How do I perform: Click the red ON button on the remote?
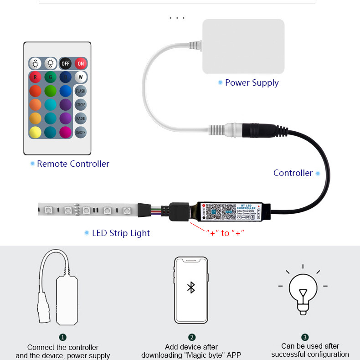pyautogui.click(x=80, y=63)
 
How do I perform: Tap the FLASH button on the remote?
pyautogui.click(x=80, y=91)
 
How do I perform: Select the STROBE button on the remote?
pyautogui.click(x=80, y=105)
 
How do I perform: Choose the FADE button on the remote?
pyautogui.click(x=80, y=118)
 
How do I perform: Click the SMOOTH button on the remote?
pyautogui.click(x=80, y=133)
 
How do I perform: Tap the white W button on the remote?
pyautogui.click(x=80, y=77)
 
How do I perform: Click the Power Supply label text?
pyautogui.click(x=252, y=82)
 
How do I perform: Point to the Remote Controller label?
pyautogui.click(x=73, y=164)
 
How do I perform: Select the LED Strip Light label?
pyautogui.click(x=121, y=233)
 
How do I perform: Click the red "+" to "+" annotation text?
pyautogui.click(x=225, y=233)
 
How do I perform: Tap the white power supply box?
pyautogui.click(x=243, y=46)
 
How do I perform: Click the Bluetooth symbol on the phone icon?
pyautogui.click(x=191, y=288)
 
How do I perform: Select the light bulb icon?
pyautogui.click(x=303, y=290)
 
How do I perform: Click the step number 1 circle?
pyautogui.click(x=63, y=337)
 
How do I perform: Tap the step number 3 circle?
pyautogui.click(x=305, y=337)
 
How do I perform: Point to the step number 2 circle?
pyautogui.click(x=191, y=337)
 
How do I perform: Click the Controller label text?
pyautogui.click(x=293, y=173)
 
